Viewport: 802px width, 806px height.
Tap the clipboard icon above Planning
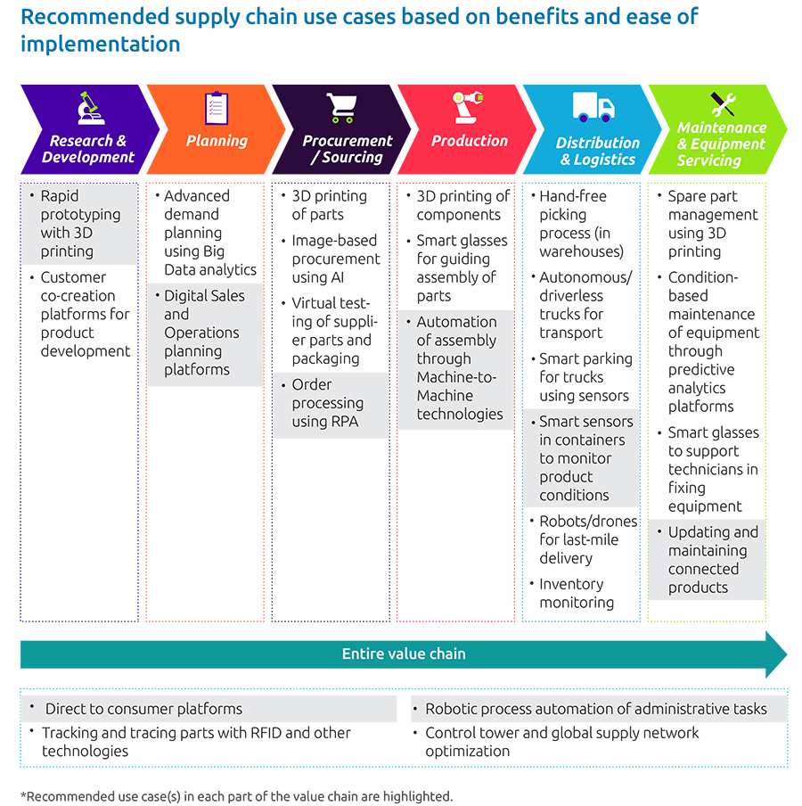217,108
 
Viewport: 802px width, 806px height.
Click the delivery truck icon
593,109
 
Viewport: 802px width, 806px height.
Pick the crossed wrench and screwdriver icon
723,104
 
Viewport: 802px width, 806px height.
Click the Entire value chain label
404,654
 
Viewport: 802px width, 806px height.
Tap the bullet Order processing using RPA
328,403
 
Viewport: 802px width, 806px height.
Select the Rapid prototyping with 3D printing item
79,224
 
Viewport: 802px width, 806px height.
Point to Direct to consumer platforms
143,709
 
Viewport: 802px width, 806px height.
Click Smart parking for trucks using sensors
585,377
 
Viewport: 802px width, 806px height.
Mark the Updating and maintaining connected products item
712,560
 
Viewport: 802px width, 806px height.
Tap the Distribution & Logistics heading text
597,152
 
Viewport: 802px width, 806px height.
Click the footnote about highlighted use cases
236,795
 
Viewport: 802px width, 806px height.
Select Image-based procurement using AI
333,259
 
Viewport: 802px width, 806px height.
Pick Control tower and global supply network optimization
561,742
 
